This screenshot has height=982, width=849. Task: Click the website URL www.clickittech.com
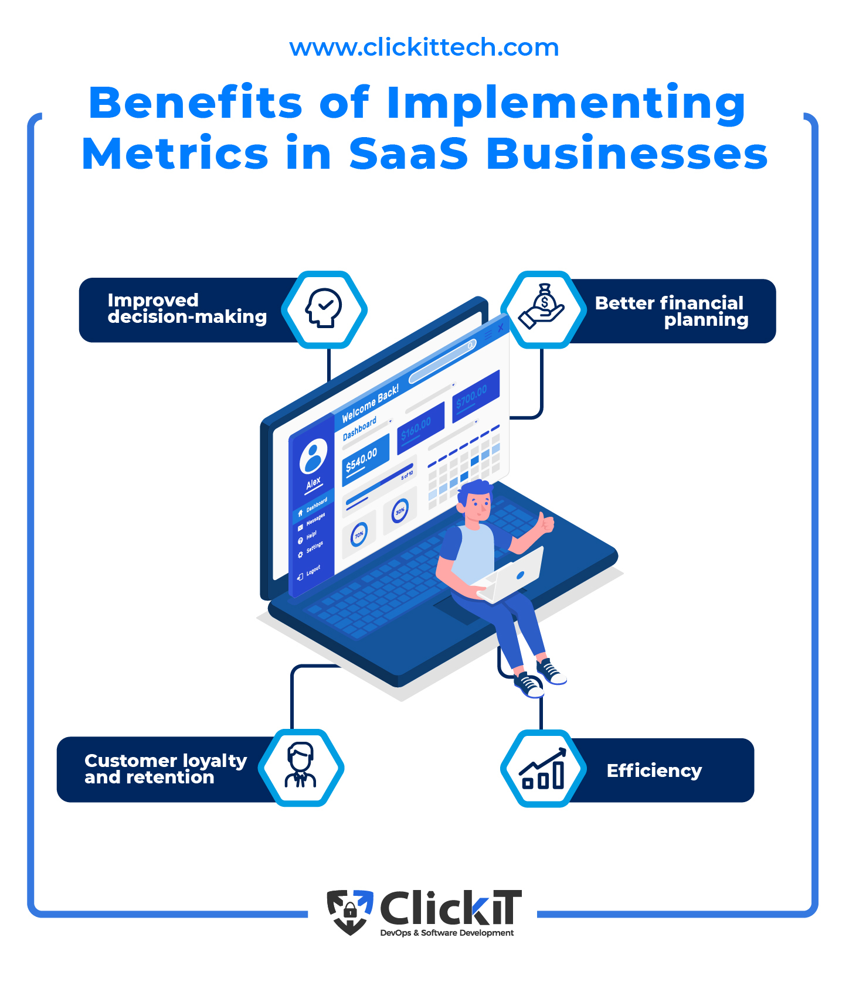tap(424, 47)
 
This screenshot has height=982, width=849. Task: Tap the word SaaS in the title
tap(409, 154)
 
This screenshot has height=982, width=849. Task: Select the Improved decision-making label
tap(186, 309)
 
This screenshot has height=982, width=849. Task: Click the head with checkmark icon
tap(324, 308)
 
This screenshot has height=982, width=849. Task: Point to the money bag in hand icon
tap(543, 307)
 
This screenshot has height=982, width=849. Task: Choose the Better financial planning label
tap(671, 311)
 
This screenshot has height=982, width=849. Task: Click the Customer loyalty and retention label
tap(165, 769)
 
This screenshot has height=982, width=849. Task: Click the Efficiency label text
tap(654, 770)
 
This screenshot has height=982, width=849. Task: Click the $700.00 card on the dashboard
tap(475, 395)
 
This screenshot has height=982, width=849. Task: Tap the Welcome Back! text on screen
tap(370, 404)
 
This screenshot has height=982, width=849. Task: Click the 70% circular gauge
tap(359, 534)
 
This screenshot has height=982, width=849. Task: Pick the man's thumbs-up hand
tap(546, 521)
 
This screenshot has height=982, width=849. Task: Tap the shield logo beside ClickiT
tap(349, 912)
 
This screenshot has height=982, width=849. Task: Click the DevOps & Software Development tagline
tap(447, 933)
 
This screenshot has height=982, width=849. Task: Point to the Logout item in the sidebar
tap(310, 572)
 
